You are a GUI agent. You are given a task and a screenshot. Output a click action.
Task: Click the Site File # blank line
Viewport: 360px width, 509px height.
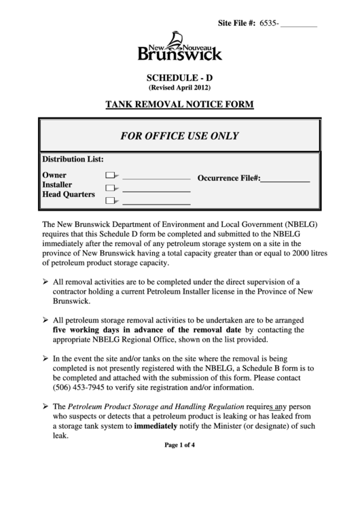pos(299,24)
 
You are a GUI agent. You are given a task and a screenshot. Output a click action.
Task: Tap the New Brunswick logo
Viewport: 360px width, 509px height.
pos(180,47)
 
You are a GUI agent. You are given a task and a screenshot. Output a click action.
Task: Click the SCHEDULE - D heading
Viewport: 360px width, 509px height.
pos(180,77)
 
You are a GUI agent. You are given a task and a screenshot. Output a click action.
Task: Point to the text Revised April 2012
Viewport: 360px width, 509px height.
pos(180,88)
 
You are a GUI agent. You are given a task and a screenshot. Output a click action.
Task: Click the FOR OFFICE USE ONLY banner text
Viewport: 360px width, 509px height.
pos(179,135)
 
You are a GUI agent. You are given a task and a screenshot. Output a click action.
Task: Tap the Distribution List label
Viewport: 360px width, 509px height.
pos(73,160)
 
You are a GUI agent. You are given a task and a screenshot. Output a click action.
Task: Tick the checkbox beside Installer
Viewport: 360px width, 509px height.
pos(111,188)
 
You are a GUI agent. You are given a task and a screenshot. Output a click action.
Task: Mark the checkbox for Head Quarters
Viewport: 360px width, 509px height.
pos(111,200)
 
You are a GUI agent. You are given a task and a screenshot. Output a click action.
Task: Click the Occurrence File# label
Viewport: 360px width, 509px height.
pos(229,178)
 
